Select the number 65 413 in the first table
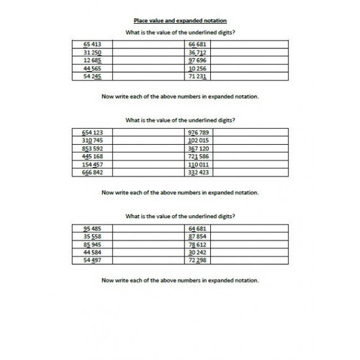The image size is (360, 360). pos(94,44)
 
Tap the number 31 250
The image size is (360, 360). pos(94,52)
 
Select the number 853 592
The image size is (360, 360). pos(94,148)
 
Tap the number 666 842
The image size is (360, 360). pos(94,173)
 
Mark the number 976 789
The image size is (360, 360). pos(198,133)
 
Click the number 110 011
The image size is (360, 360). pos(198,165)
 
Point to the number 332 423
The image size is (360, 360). pos(198,173)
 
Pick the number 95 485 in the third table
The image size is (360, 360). pos(94,228)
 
